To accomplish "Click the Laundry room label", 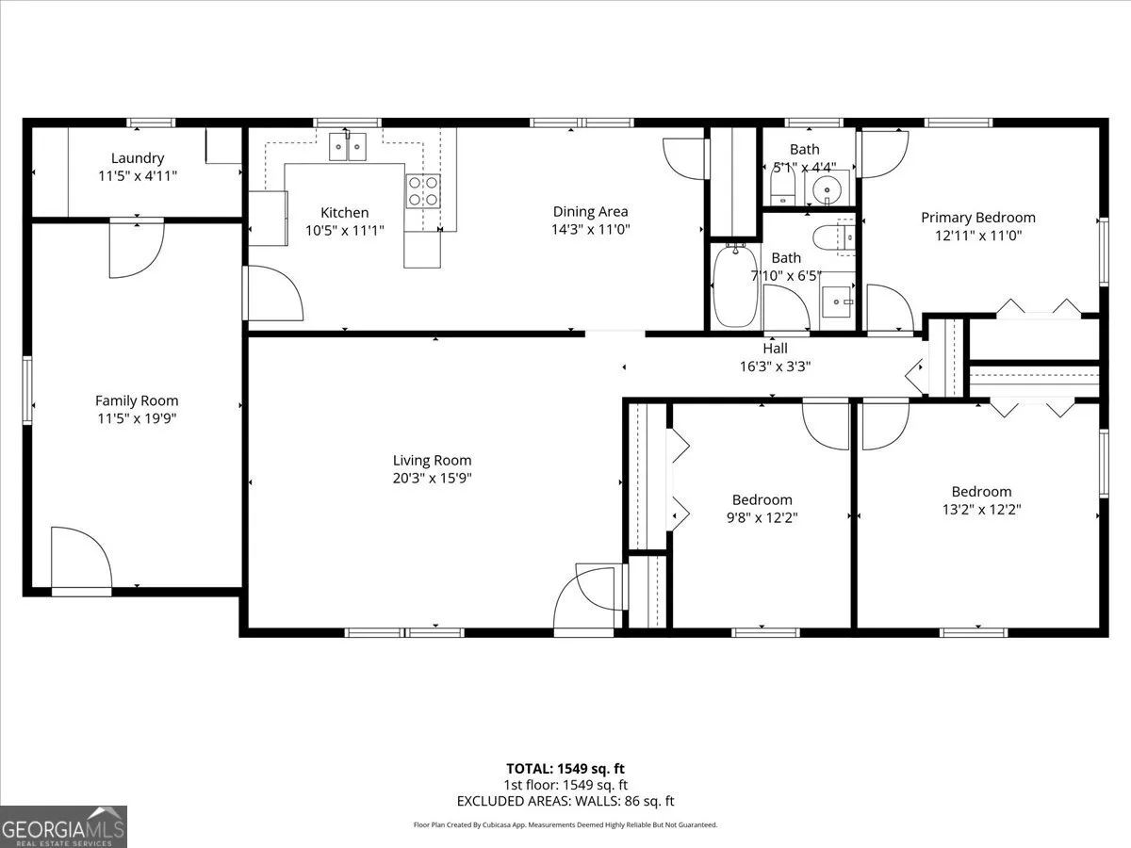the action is [x=138, y=158].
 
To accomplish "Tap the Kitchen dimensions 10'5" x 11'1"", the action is [x=345, y=230].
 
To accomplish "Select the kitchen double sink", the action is [x=348, y=146].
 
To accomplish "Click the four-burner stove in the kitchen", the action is [x=423, y=191].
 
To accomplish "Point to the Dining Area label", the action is [x=591, y=212].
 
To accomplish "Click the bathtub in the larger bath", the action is [x=735, y=285].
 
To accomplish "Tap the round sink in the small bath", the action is [x=827, y=190].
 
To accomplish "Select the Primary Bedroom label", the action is [x=978, y=218].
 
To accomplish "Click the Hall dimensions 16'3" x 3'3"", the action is [x=775, y=367].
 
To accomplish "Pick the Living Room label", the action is [x=432, y=461].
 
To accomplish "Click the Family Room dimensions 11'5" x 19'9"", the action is [x=137, y=418].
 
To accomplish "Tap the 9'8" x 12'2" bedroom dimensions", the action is [x=762, y=517].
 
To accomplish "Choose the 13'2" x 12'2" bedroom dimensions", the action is [x=981, y=509].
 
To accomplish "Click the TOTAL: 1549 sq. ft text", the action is [x=565, y=769].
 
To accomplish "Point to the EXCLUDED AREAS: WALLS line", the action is [x=565, y=801].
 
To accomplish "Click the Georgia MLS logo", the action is [x=63, y=826].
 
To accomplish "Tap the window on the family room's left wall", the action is [x=26, y=390].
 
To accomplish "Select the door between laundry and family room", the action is [x=137, y=248].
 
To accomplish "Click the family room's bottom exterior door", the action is [x=81, y=562].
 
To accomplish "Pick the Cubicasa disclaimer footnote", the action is [x=565, y=824].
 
